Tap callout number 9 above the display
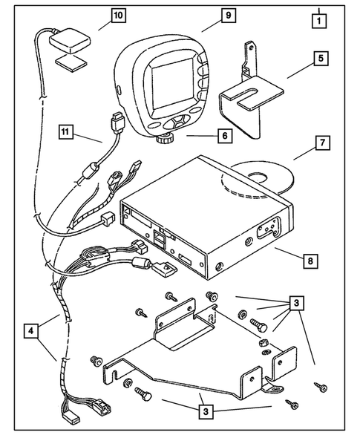(x=206, y=16)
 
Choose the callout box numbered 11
(x=68, y=132)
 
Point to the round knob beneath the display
(x=163, y=139)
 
